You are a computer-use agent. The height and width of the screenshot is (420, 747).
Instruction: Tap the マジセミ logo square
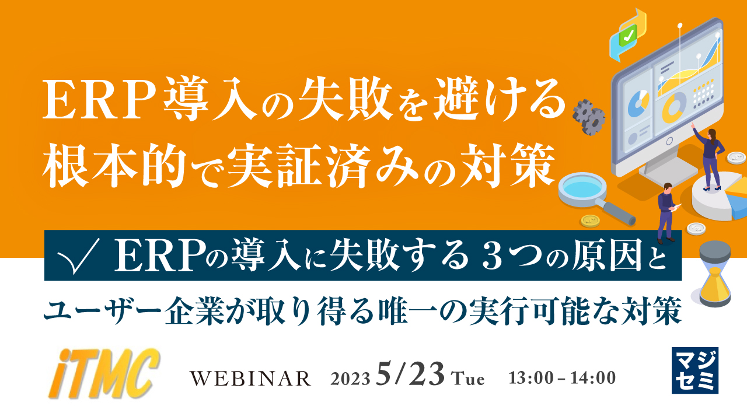(x=694, y=370)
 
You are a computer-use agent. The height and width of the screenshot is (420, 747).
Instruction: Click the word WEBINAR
(x=251, y=379)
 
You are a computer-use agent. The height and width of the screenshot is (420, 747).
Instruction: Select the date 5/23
(x=411, y=374)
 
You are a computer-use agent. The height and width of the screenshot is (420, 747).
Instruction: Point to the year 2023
(x=350, y=379)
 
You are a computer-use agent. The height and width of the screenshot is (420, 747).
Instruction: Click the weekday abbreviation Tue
(x=469, y=379)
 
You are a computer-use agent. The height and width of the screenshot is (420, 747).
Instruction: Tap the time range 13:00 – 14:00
(x=562, y=378)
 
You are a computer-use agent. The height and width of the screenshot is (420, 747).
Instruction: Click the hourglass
(x=715, y=273)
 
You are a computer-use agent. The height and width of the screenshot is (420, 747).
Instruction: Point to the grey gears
(x=588, y=116)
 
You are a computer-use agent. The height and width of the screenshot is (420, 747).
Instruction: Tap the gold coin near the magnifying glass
(x=590, y=221)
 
